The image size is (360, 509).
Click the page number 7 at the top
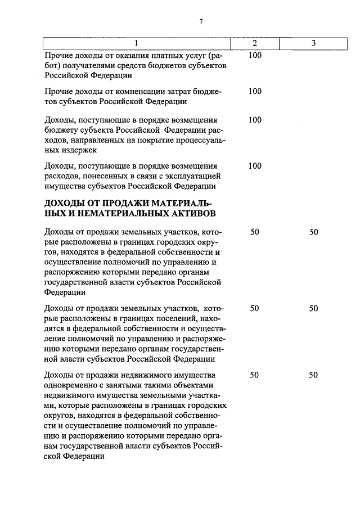pos(200,22)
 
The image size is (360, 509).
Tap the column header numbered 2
pos(255,43)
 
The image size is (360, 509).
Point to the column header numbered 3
pos(313,43)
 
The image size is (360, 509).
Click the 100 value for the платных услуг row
pos(255,56)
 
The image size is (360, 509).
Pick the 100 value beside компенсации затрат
pos(255,91)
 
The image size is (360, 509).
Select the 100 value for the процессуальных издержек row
pos(255,120)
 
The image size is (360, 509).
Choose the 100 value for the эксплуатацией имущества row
pos(255,165)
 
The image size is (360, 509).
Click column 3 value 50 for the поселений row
pos(313,308)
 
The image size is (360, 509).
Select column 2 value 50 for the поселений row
pos(255,308)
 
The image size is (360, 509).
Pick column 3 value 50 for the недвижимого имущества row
pos(313,375)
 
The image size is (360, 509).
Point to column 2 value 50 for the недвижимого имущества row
pos(255,375)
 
